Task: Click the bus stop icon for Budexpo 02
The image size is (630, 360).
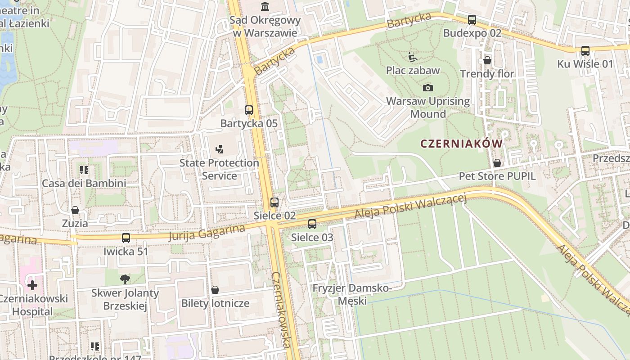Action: click(472, 20)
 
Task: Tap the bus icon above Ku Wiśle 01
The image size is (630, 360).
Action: click(585, 51)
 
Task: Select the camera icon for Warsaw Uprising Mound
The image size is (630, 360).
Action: click(428, 88)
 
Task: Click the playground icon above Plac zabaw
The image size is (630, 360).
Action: click(413, 57)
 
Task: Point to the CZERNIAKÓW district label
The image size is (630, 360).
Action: click(461, 144)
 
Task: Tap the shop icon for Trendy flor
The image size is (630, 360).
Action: click(487, 60)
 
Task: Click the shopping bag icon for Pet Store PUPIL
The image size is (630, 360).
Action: click(497, 163)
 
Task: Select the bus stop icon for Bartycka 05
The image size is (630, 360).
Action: click(249, 110)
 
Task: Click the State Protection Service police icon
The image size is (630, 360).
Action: click(219, 149)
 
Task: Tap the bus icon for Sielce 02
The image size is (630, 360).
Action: click(274, 202)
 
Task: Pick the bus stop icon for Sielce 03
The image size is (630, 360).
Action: click(312, 224)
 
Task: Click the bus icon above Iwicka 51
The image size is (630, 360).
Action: click(126, 238)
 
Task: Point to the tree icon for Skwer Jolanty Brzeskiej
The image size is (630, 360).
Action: click(125, 279)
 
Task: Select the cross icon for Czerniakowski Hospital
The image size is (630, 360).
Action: click(32, 285)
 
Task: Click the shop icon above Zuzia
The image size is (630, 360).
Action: click(75, 210)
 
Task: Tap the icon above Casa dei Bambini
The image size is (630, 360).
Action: click(84, 170)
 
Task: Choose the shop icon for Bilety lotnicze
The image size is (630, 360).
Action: click(215, 290)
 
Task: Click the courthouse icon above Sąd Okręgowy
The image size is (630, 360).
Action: click(265, 6)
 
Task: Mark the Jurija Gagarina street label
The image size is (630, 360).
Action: click(207, 233)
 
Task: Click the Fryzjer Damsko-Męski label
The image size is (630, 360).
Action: click(352, 294)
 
